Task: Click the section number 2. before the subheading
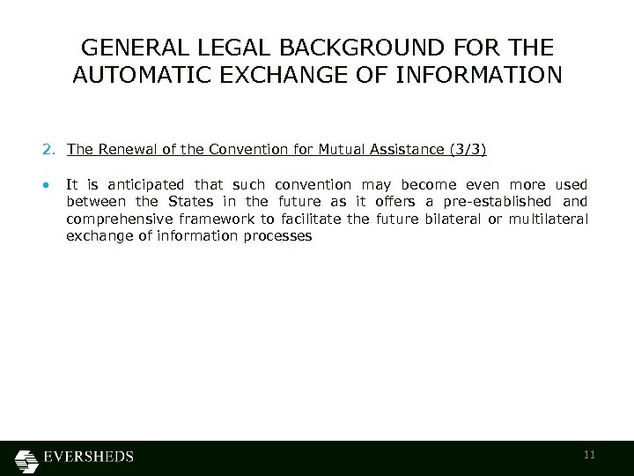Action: [48, 150]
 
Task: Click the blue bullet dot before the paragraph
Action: [45, 186]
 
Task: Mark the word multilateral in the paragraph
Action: [552, 219]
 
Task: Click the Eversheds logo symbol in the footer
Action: [27, 458]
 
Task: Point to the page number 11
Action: [590, 455]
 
